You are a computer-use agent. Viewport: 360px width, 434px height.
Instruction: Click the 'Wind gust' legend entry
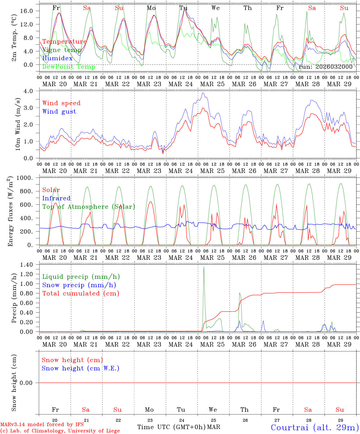pyautogui.click(x=59, y=112)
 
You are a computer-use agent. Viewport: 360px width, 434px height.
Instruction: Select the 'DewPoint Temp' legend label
pyautogui.click(x=69, y=67)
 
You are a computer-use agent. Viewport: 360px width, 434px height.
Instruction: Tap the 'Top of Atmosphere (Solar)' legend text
pyautogui.click(x=88, y=207)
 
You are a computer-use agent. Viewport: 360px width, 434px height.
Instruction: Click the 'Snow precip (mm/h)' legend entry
pyautogui.click(x=79, y=285)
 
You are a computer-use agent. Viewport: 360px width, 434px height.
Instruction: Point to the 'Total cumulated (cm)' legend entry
pyautogui.click(x=81, y=293)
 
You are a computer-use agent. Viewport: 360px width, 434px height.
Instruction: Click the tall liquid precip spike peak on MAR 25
pyautogui.click(x=204, y=267)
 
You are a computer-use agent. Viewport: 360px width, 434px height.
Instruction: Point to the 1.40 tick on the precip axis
pyautogui.click(x=30, y=265)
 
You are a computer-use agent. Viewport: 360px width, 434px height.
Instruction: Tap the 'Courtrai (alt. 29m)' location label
pyautogui.click(x=314, y=427)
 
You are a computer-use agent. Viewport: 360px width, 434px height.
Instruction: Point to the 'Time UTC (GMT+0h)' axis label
pyautogui.click(x=172, y=427)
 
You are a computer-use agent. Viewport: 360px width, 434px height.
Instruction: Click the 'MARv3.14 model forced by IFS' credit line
pyautogui.click(x=42, y=425)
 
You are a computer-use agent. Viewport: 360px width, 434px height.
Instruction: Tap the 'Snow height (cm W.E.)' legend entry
pyautogui.click(x=81, y=368)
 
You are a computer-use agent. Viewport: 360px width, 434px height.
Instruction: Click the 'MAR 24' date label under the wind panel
pyautogui.click(x=181, y=171)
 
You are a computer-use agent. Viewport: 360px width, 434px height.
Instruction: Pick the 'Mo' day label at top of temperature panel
pyautogui.click(x=151, y=8)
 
